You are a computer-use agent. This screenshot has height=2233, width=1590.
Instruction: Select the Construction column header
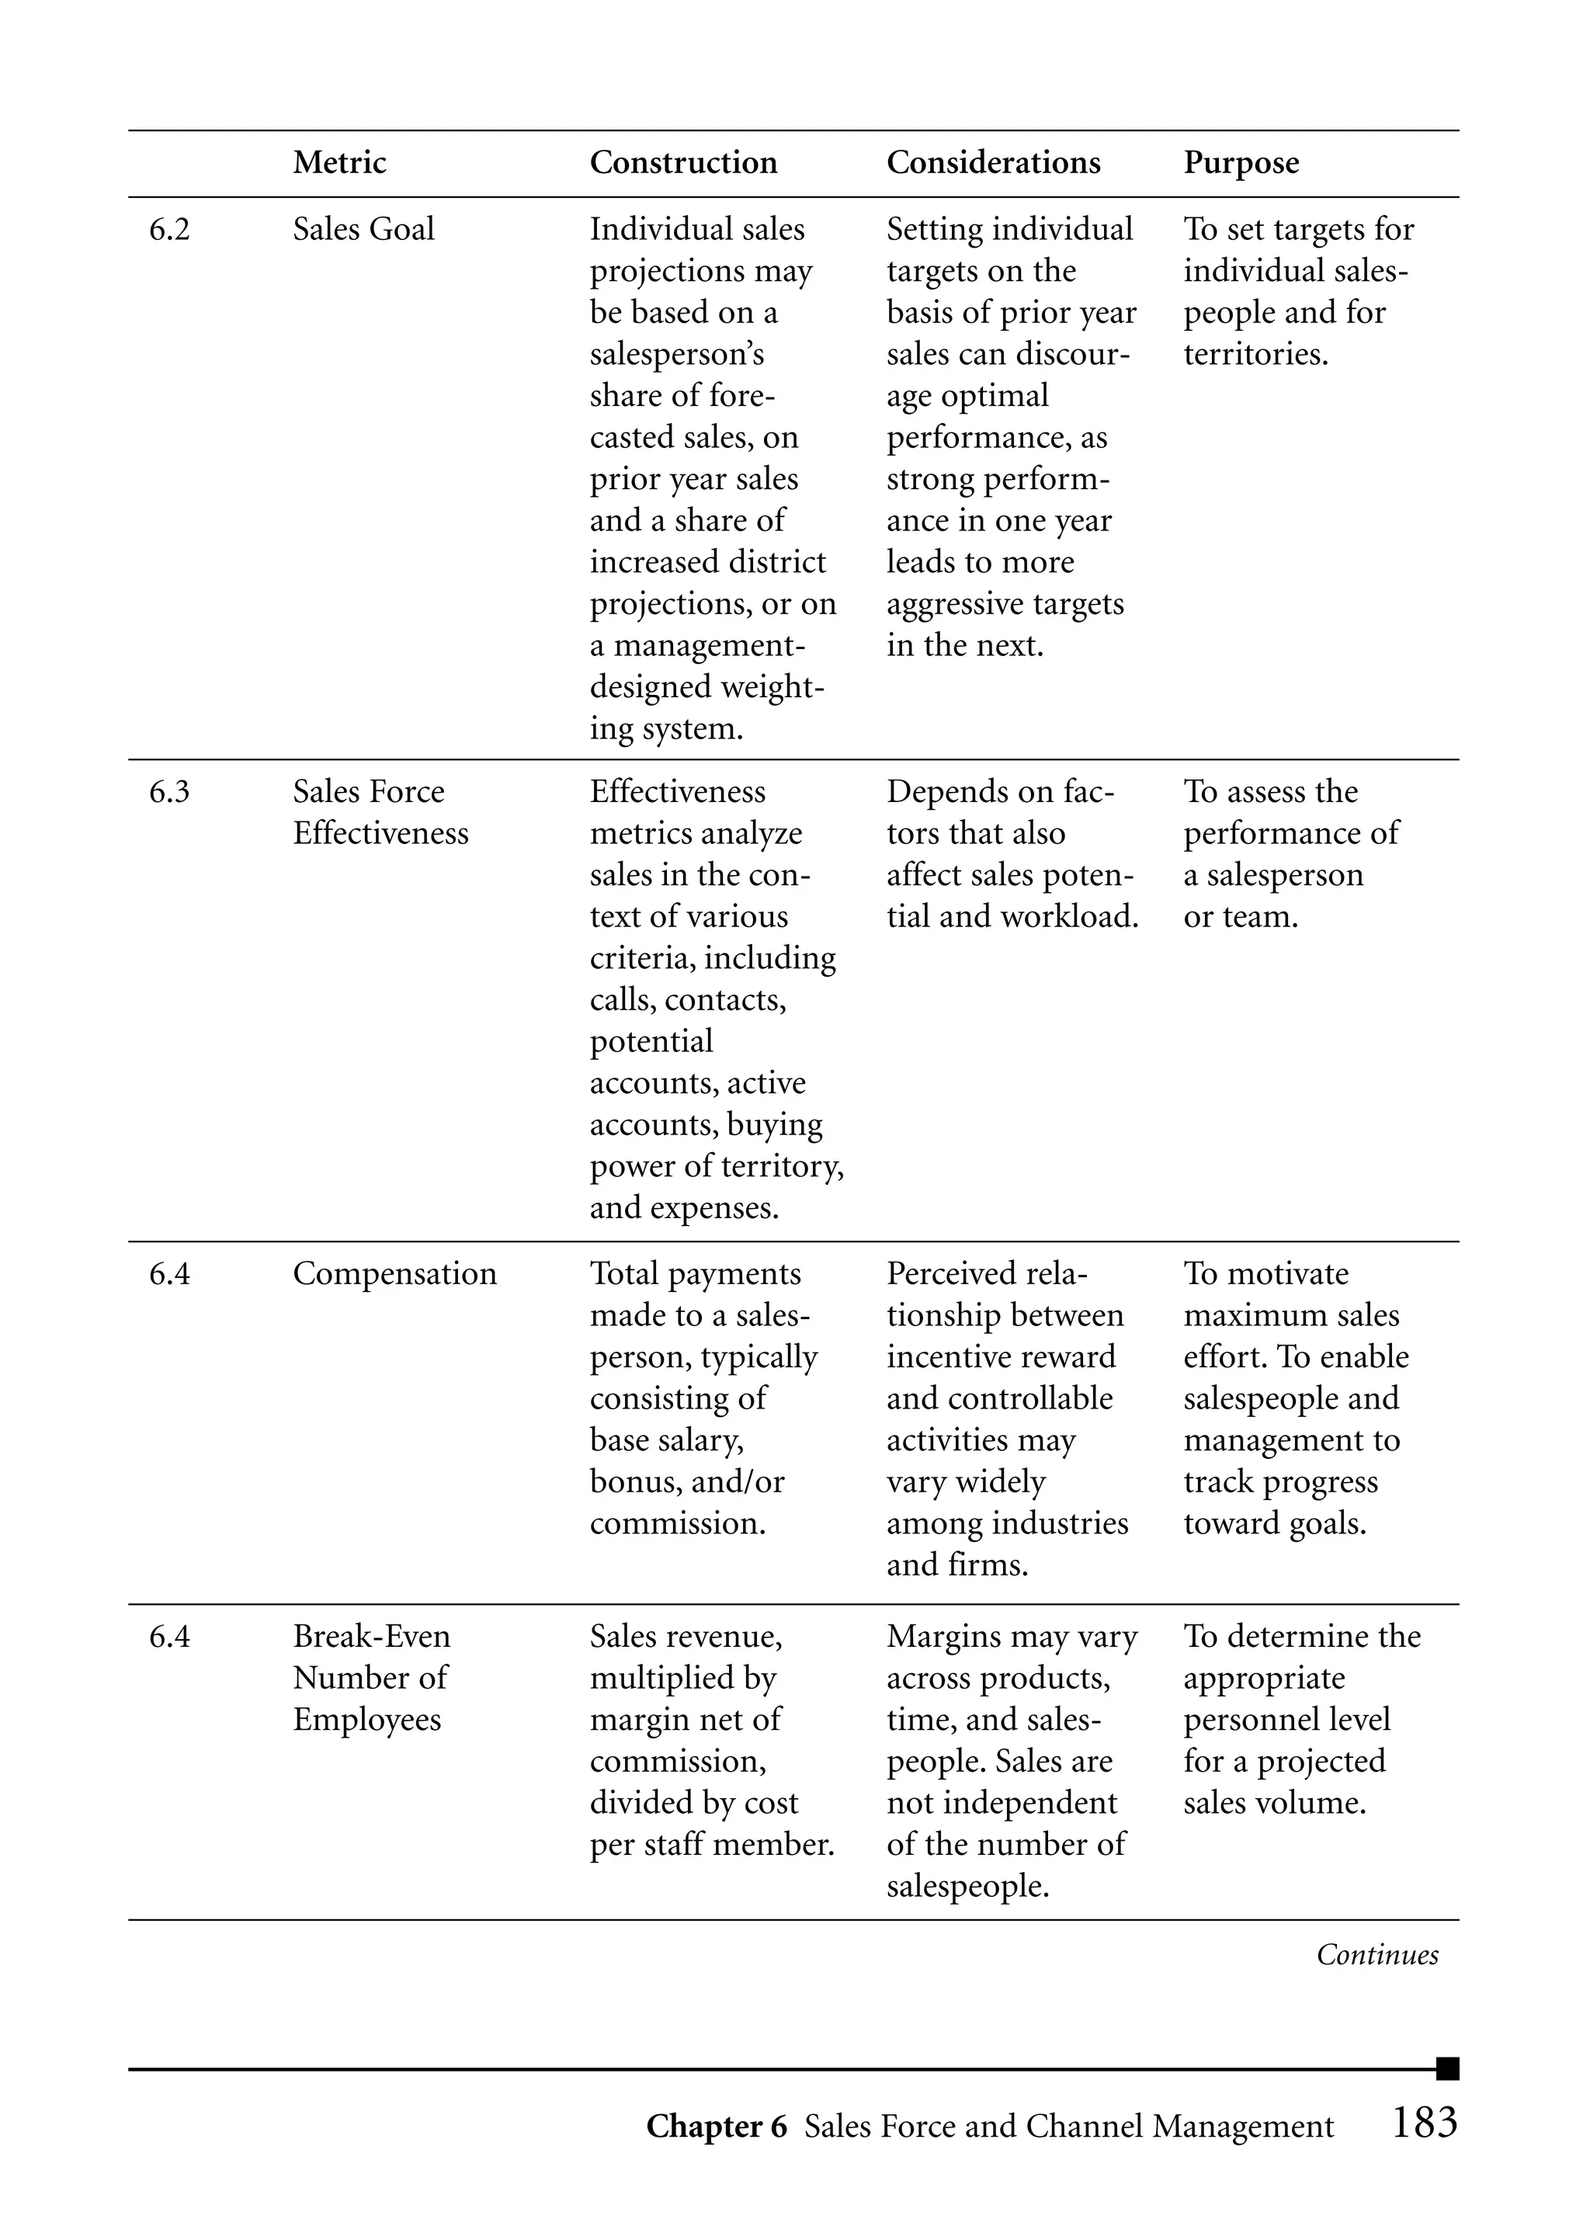click(682, 161)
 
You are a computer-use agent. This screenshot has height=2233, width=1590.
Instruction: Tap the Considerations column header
click(993, 161)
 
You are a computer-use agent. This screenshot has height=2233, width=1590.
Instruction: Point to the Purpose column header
click(1241, 162)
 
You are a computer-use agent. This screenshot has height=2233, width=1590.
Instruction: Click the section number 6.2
click(169, 230)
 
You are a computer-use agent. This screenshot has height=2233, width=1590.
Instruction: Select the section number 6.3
click(169, 792)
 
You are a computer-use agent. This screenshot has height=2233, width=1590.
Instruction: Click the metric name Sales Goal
click(363, 230)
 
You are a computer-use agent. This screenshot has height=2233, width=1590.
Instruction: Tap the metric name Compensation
click(394, 1273)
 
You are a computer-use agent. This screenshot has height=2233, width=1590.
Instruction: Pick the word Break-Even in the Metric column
click(371, 1636)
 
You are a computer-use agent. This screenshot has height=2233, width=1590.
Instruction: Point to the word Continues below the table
click(1376, 1955)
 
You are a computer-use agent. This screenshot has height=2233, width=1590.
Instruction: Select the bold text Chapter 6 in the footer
click(716, 2127)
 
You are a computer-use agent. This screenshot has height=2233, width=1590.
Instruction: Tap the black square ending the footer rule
click(1447, 2068)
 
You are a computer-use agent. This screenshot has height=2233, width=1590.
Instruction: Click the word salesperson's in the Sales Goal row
click(676, 354)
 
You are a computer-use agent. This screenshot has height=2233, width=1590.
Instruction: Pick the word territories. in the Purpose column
click(1255, 354)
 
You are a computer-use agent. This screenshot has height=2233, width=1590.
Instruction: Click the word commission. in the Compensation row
click(678, 1523)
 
